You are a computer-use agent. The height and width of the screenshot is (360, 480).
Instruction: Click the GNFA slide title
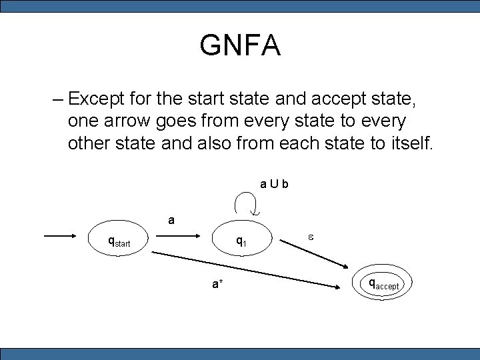point(240,46)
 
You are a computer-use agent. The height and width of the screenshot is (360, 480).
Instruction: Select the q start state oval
point(121,241)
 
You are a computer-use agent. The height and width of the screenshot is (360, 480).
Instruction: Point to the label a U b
point(274,183)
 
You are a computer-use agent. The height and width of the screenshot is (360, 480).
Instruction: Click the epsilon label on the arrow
point(309,237)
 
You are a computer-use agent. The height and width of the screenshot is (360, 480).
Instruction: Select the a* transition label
point(217,285)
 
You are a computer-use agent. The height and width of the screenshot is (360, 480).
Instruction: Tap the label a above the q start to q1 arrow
point(171,219)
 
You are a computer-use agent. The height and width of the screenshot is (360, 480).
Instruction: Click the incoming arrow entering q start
point(67,235)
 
